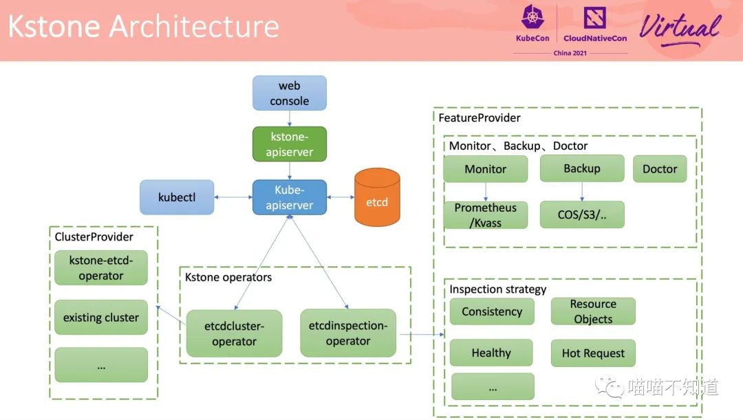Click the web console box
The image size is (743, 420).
[289, 93]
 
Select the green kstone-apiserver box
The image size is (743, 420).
[289, 144]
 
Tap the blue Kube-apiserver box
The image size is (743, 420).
[289, 197]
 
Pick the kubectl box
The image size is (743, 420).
[177, 197]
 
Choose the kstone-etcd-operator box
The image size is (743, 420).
[101, 267]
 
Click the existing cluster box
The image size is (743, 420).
[101, 318]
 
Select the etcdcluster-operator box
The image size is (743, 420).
[234, 333]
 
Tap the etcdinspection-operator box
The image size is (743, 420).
[348, 333]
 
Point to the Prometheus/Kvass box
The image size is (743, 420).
[486, 215]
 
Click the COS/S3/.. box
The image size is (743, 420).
[582, 214]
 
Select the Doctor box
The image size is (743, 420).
[660, 168]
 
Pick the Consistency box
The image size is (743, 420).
[492, 311]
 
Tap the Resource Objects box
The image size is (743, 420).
[593, 311]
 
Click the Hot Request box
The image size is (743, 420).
[593, 353]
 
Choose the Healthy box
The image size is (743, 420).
[491, 353]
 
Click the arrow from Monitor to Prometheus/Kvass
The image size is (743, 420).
[486, 192]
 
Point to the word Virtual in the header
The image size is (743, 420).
[680, 28]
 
